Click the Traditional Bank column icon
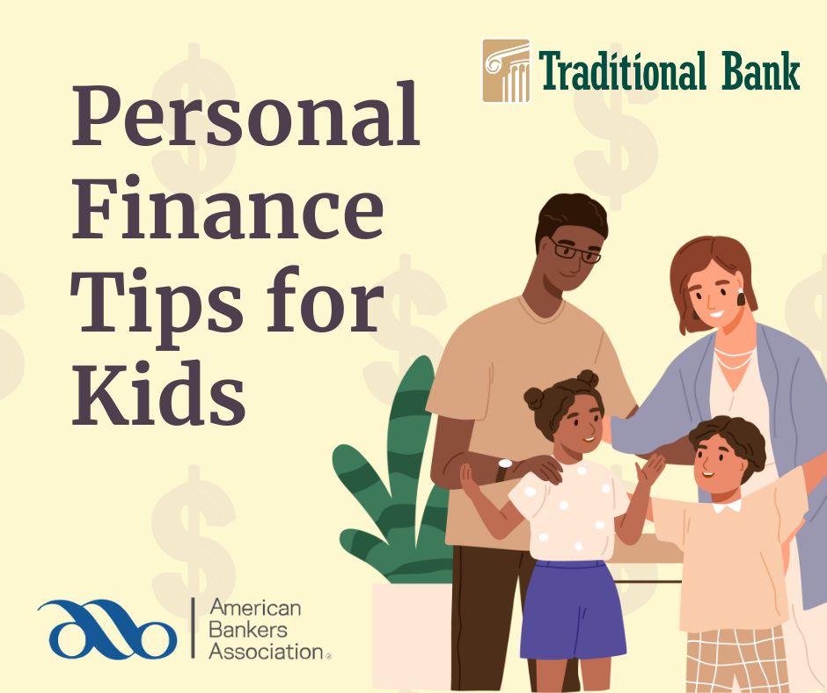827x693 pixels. [507, 70]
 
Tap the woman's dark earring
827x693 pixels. [739, 298]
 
